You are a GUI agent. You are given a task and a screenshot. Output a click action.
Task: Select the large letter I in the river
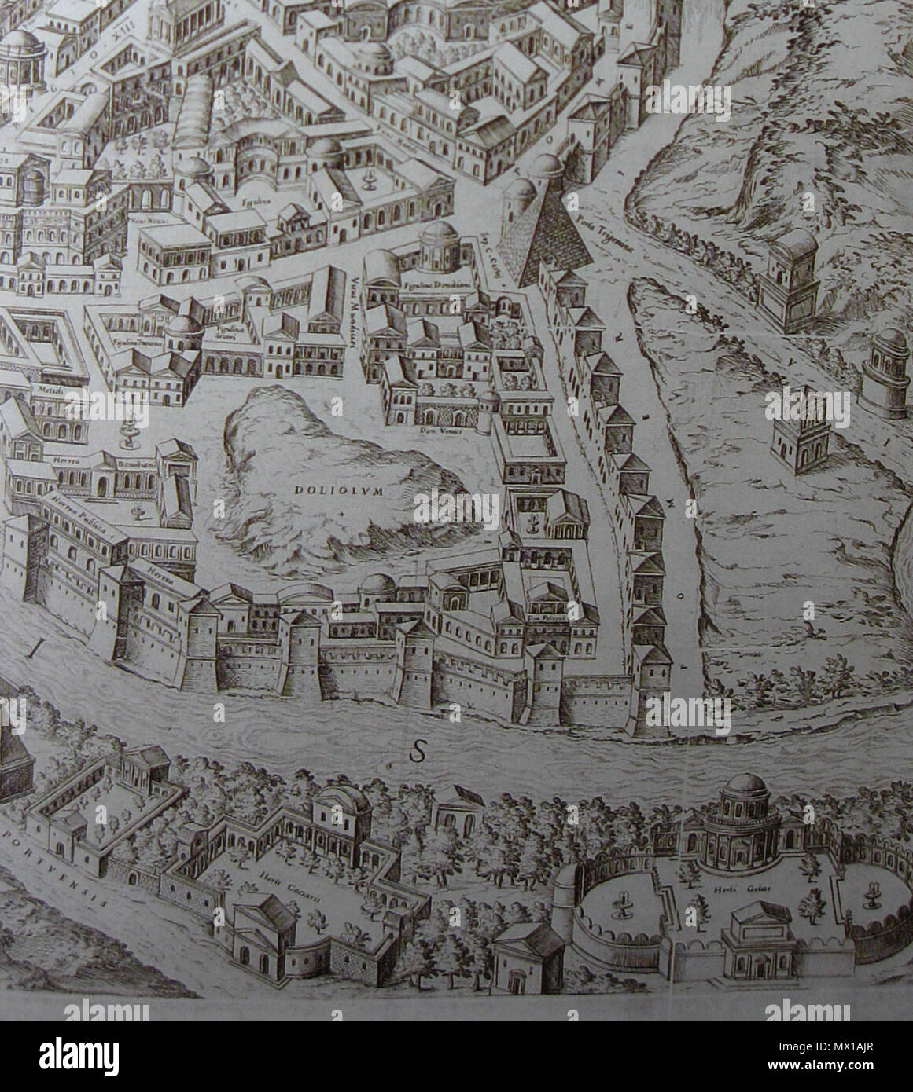[x=31, y=649]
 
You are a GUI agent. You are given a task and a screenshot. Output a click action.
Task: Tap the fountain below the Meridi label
[x=127, y=432]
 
